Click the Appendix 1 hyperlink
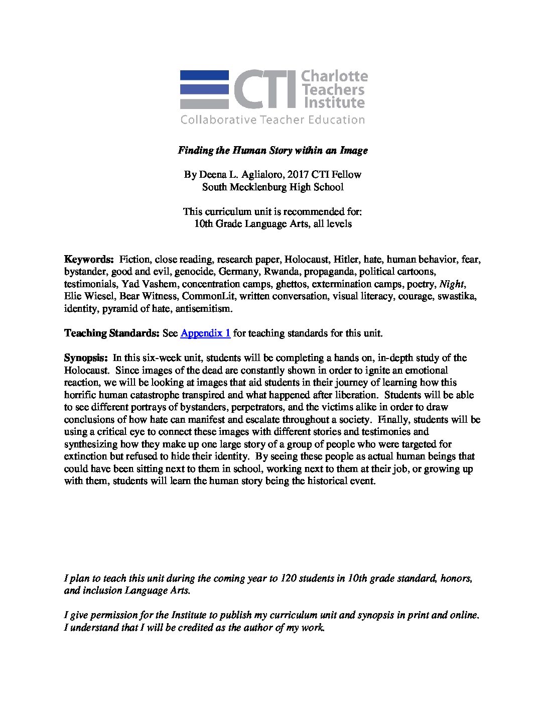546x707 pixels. tap(205, 333)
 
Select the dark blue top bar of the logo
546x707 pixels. tap(204, 75)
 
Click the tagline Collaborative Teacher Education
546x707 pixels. tap(272, 120)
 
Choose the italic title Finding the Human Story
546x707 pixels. tap(272, 150)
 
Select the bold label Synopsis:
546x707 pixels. tap(86, 358)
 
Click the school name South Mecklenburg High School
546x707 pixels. tap(272, 187)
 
